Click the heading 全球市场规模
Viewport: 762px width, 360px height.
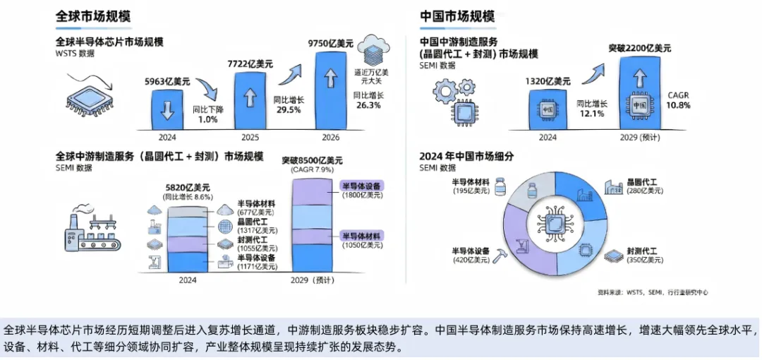pos(93,16)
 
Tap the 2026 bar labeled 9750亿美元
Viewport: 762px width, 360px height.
pos(335,88)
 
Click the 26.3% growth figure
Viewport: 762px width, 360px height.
pos(368,105)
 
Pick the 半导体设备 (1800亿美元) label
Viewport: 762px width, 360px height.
pos(363,190)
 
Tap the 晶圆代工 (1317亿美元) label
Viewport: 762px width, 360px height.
pos(258,226)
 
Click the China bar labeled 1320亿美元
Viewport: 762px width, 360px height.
pos(547,109)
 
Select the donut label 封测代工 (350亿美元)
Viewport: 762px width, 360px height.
pos(642,256)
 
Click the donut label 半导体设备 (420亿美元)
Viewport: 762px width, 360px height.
pos(471,255)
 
